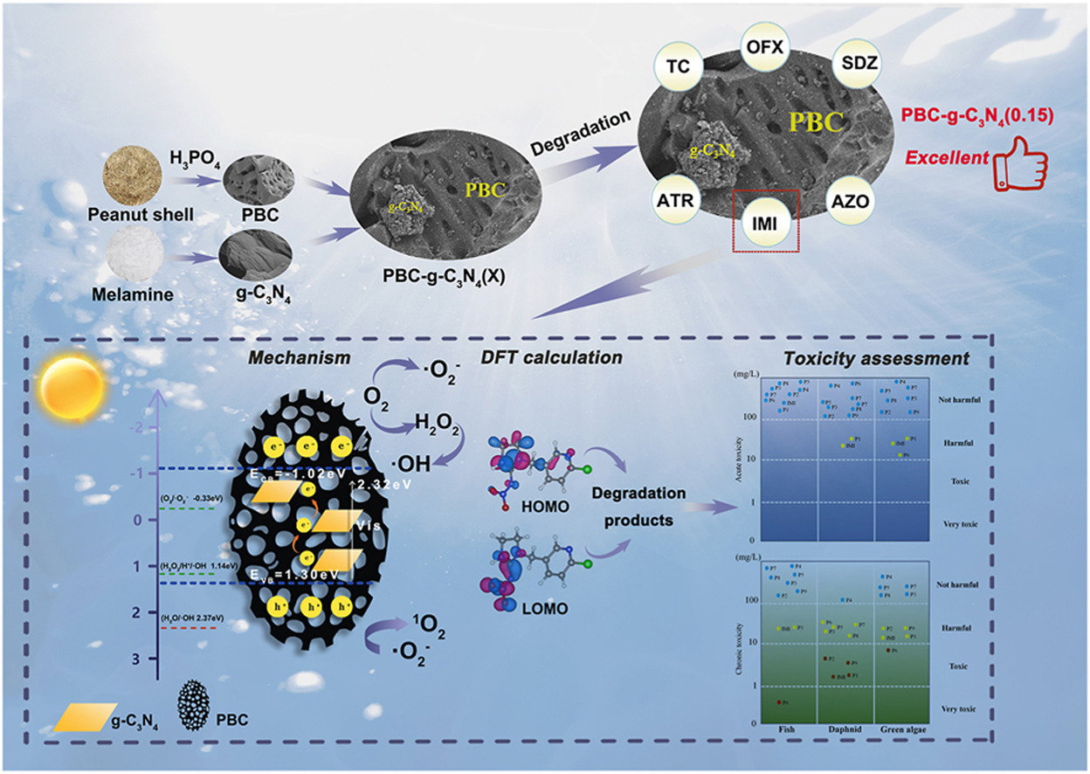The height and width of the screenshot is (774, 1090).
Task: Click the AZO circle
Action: [x=855, y=201]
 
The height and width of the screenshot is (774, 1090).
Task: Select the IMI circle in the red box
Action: [x=765, y=223]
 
